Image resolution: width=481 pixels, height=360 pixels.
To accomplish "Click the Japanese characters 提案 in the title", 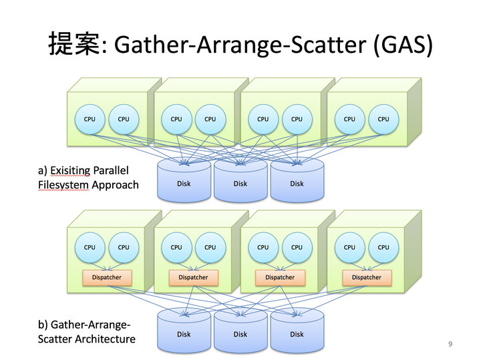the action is click(74, 44).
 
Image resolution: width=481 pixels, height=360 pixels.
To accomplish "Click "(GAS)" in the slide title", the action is click(403, 45).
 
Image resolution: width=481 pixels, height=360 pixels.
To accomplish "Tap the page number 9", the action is click(450, 344).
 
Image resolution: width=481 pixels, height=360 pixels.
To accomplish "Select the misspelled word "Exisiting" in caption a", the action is click(70, 170).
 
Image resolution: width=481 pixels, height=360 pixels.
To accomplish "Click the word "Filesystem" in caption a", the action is click(63, 185).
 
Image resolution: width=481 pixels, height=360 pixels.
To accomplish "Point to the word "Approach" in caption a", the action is click(116, 185).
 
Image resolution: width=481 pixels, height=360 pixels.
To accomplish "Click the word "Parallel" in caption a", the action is click(111, 170).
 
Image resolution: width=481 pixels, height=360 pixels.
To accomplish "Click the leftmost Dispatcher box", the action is click(107, 277).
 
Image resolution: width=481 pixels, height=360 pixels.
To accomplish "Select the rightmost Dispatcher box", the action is click(367, 277).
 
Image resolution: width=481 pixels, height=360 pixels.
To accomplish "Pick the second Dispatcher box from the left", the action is click(194, 277).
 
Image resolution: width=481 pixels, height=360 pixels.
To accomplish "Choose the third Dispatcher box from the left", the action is click(280, 277).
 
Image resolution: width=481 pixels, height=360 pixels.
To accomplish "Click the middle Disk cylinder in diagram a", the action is click(240, 180).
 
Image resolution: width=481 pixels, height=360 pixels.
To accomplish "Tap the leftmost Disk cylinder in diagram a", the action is click(184, 180).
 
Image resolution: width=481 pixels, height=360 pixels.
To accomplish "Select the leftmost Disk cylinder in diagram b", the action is click(184, 331).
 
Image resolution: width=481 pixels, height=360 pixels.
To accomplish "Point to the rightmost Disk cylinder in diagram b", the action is click(297, 331).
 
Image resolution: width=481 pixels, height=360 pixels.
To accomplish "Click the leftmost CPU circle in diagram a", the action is click(90, 120).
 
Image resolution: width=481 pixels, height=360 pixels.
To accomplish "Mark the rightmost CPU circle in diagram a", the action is click(383, 120).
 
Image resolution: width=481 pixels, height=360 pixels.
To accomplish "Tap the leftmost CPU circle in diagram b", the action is click(90, 248).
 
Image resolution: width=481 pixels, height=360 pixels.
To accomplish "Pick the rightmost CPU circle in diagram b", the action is click(383, 248).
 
